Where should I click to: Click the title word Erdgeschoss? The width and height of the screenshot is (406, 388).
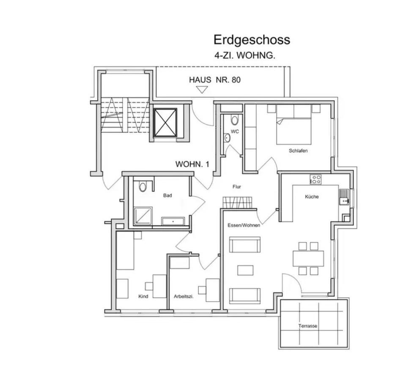pyautogui.click(x=252, y=40)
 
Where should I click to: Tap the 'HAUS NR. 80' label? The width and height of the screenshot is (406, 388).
pyautogui.click(x=215, y=79)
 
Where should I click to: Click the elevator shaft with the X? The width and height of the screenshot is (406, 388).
pyautogui.click(x=165, y=123)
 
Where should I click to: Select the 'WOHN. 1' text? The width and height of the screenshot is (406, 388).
pyautogui.click(x=192, y=164)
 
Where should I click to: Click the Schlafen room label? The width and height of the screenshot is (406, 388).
pyautogui.click(x=298, y=151)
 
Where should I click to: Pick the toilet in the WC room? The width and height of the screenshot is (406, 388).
pyautogui.click(x=235, y=120)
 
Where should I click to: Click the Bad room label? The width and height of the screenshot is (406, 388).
pyautogui.click(x=167, y=196)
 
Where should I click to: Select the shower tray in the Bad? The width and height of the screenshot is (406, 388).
pyautogui.click(x=143, y=216)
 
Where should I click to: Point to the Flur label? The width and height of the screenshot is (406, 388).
pyautogui.click(x=237, y=186)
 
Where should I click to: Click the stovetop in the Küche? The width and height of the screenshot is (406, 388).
pyautogui.click(x=315, y=179)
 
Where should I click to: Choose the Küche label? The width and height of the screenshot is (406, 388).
pyautogui.click(x=312, y=197)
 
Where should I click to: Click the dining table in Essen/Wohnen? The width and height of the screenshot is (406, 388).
pyautogui.click(x=308, y=258)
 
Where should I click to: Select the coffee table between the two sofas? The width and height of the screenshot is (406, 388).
pyautogui.click(x=245, y=270)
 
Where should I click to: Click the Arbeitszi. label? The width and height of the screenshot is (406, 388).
pyautogui.click(x=184, y=297)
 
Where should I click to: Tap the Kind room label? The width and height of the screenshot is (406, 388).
pyautogui.click(x=143, y=297)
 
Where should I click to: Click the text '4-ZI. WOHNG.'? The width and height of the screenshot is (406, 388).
pyautogui.click(x=245, y=55)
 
